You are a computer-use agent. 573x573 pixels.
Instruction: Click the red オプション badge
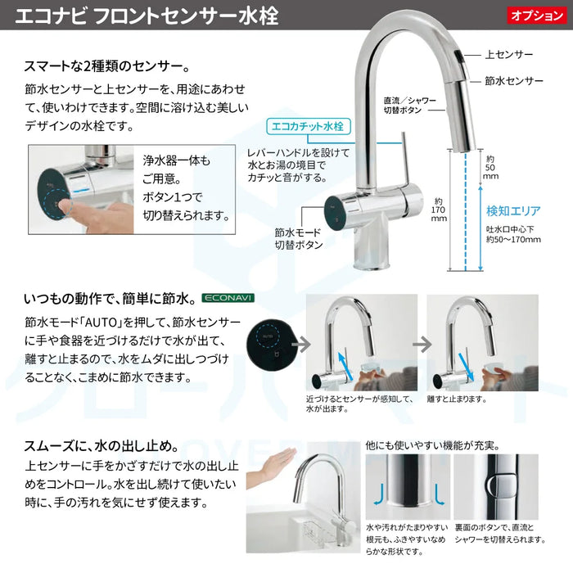coord(535,16)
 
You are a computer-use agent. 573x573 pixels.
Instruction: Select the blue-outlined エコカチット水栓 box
coord(309,126)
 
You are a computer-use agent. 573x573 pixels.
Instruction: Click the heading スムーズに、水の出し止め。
coord(97,446)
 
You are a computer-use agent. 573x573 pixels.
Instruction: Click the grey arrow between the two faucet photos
coord(423,343)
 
